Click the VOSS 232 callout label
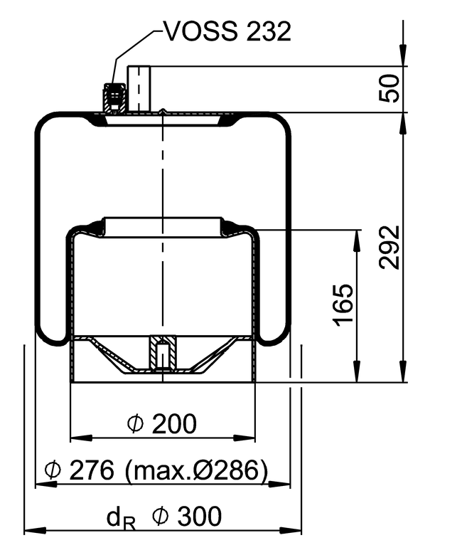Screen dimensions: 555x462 tap(227, 31)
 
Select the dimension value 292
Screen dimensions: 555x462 tap(390, 247)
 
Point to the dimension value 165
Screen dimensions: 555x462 tap(343, 305)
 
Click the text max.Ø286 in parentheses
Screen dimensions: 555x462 tap(197, 470)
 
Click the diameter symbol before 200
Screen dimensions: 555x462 tap(135, 425)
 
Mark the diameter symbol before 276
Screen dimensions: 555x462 tap(52, 470)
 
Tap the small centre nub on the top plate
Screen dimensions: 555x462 tap(163, 111)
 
